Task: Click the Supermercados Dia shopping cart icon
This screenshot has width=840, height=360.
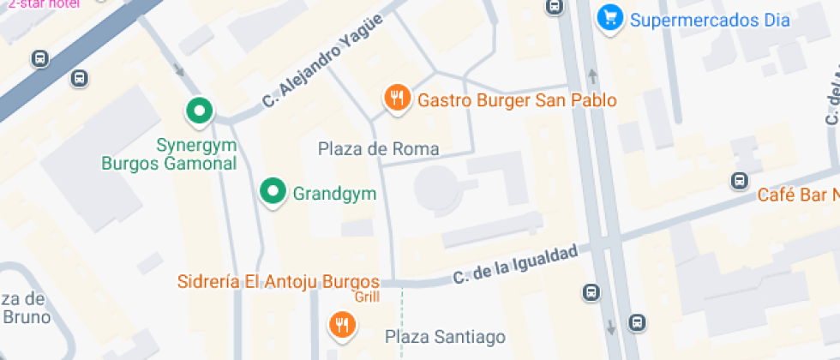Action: point(609,17)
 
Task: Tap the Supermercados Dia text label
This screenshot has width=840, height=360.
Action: point(710,19)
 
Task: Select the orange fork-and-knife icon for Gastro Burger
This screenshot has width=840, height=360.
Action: point(395,99)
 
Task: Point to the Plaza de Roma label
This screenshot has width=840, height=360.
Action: point(378,149)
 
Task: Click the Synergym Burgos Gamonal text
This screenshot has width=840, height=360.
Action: point(168,154)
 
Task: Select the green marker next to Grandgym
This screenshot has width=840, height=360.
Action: point(273,192)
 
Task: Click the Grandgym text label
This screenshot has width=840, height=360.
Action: point(334,193)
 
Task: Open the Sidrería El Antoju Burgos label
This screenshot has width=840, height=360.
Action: point(278,281)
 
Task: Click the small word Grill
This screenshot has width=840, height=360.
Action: point(367,297)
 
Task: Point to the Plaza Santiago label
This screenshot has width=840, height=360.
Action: point(445,336)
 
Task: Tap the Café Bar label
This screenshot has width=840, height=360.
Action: point(797,195)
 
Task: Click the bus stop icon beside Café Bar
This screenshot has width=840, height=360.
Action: point(739,181)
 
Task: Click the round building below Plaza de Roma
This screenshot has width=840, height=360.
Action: point(435,188)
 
